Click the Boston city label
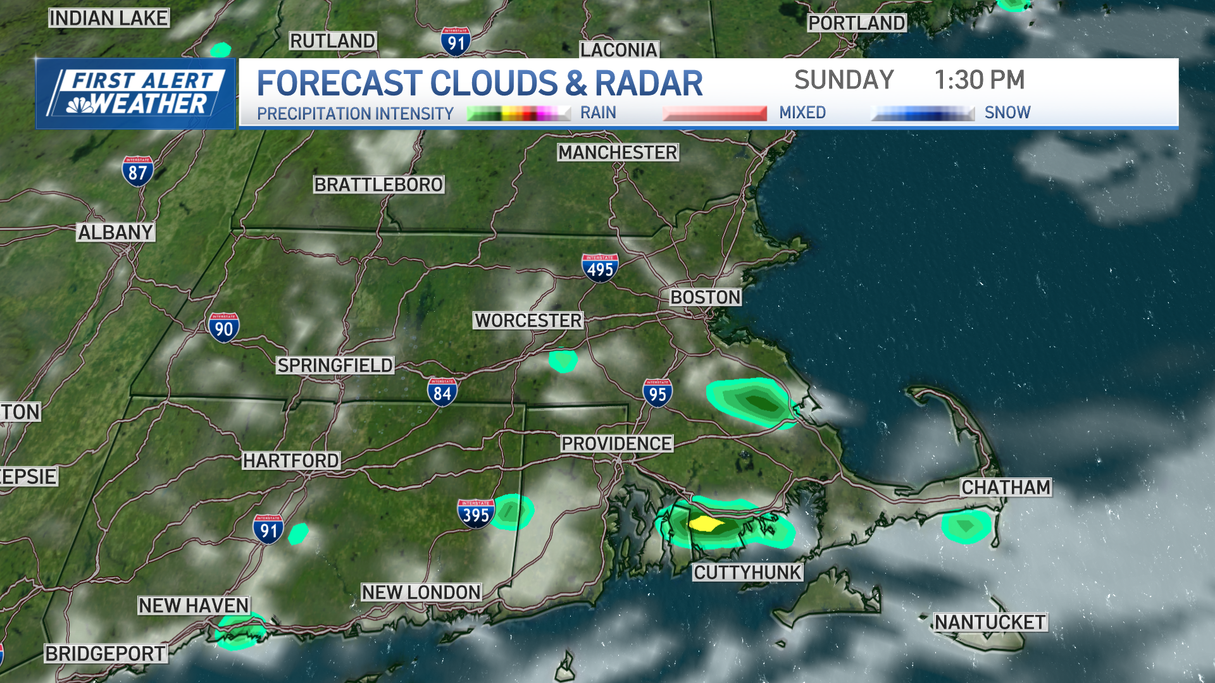[705, 297]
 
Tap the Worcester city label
[528, 321]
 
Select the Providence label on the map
[616, 444]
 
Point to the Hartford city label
[291, 461]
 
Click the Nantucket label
[990, 622]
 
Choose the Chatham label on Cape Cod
[1006, 488]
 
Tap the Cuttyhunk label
[747, 573]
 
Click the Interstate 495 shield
[600, 268]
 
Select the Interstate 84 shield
[442, 392]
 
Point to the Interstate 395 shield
[476, 514]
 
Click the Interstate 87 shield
[137, 171]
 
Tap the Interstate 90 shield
[223, 328]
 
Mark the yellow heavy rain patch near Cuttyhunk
[705, 524]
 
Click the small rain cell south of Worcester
[563, 360]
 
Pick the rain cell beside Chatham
[966, 526]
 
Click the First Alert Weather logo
[135, 94]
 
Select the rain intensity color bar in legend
[518, 113]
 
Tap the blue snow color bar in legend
[922, 113]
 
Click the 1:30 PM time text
[979, 80]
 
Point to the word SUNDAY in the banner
[844, 80]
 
